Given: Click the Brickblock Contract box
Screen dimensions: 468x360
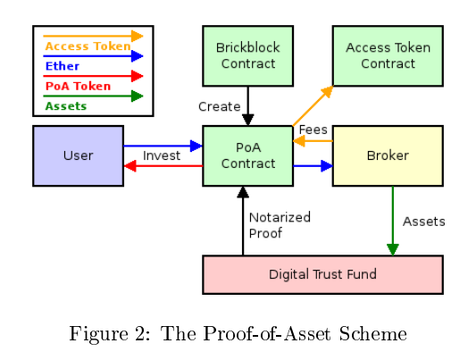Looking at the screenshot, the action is point(247,56).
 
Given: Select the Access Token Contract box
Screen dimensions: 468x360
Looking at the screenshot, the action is point(388,56).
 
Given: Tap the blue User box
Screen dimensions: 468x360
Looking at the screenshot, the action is point(79,155).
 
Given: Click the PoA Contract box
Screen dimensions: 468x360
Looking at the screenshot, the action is point(247,155).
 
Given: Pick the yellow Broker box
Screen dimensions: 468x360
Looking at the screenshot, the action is point(388,155).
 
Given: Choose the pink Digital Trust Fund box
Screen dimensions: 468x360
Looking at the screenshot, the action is point(322,274).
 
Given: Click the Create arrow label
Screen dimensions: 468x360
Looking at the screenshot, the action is point(220,106).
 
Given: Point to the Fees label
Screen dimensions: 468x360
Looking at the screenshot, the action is point(313,130).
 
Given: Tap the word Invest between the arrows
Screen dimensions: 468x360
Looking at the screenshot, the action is point(162,155).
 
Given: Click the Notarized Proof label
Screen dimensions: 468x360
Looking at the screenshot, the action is point(280,225).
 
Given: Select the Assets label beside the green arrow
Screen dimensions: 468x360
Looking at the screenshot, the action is point(424,222).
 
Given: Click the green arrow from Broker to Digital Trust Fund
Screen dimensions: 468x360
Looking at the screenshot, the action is point(393,221).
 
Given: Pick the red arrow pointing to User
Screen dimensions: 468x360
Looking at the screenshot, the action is point(163,166).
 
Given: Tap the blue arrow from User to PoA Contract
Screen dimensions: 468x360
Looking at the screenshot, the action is point(163,146).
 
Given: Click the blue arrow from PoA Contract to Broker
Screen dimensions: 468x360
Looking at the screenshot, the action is point(313,166).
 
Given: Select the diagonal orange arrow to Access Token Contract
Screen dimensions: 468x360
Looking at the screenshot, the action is point(313,106).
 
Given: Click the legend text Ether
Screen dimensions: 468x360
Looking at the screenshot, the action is point(63,66).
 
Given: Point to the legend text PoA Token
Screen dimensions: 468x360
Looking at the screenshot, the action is point(78,86).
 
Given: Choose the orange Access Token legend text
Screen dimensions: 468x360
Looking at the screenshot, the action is point(88,46).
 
